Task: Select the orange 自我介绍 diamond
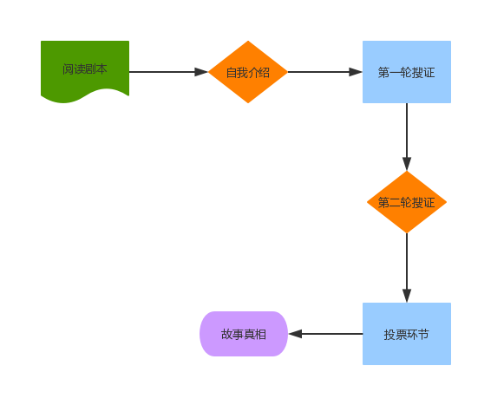[248, 72]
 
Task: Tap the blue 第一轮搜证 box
[406, 72]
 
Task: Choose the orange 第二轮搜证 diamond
[406, 202]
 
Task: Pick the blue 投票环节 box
[406, 334]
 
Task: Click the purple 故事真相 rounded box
[244, 334]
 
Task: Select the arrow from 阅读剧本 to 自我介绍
[165, 72]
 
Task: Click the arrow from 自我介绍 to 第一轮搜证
[321, 72]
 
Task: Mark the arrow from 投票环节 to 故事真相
[330, 334]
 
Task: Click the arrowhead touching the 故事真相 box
[295, 334]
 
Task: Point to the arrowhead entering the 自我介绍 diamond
[201, 72]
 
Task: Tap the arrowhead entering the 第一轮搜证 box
[356, 72]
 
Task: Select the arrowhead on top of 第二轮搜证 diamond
[407, 164]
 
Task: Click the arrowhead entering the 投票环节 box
[407, 296]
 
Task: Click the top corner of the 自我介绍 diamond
[248, 42]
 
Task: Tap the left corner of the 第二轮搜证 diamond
[369, 202]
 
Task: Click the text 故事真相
[244, 334]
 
